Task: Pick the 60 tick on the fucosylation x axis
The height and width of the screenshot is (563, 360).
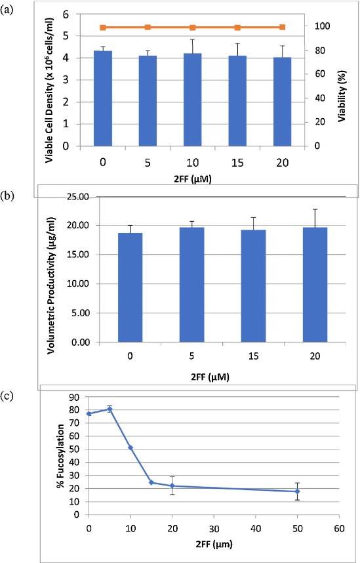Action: click(x=339, y=526)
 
